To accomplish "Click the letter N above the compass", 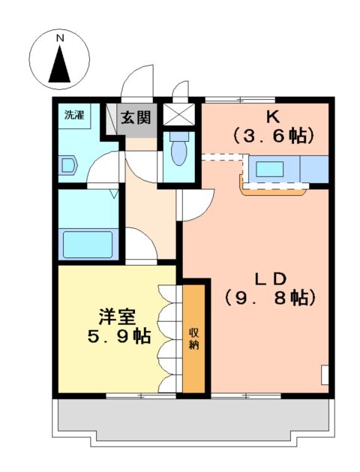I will [60, 37].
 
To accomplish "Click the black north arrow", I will [60, 64].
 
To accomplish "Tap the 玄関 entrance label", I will [137, 117].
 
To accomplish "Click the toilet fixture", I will [178, 152].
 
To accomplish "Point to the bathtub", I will [88, 245].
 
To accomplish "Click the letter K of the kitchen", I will [271, 117].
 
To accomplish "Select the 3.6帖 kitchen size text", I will [271, 137].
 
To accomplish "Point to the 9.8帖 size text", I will [269, 296].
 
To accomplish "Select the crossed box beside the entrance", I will [178, 115].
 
